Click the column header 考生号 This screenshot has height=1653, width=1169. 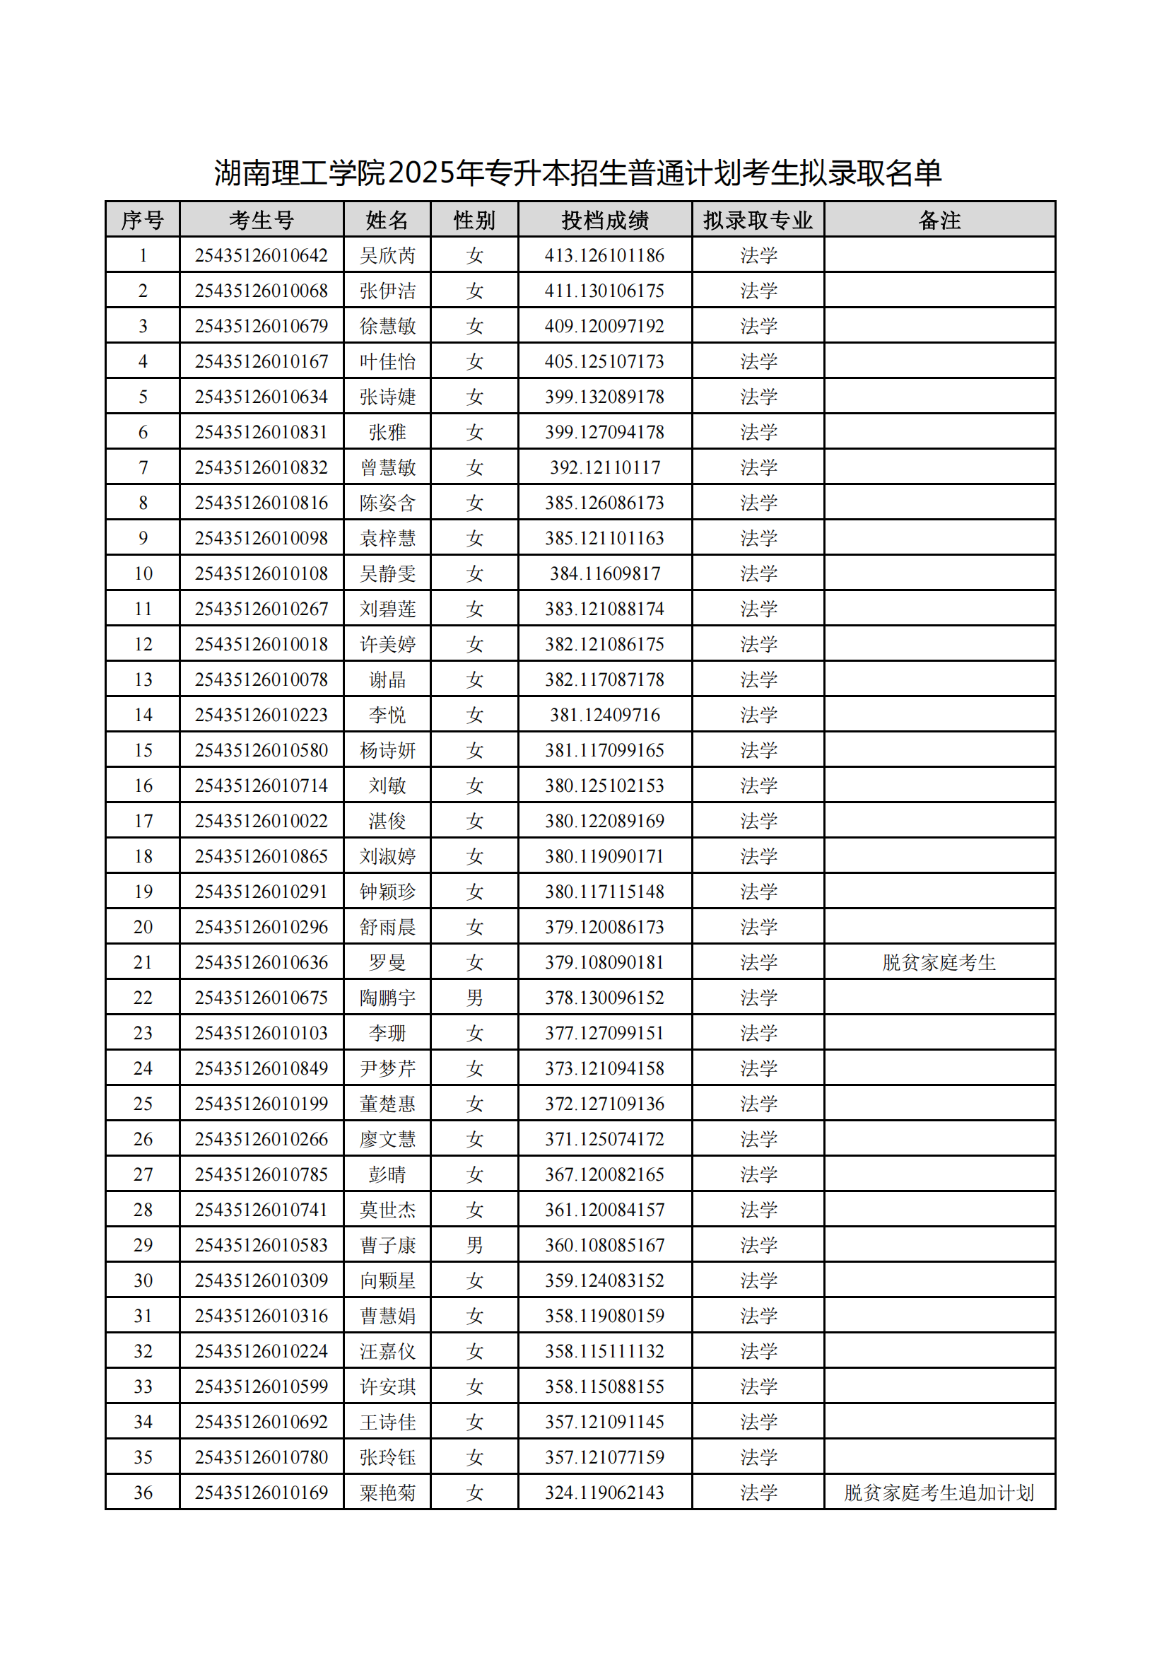pos(262,220)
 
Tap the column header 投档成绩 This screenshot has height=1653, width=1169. pos(605,220)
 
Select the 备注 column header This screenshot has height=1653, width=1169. pos(939,220)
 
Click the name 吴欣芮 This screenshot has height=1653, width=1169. pos(387,255)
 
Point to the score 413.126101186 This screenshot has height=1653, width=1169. pos(605,255)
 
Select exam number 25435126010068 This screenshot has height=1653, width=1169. pos(262,291)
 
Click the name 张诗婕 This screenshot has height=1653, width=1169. pos(387,397)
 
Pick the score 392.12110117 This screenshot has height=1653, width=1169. pos(605,467)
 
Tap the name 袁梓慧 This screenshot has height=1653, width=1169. pos(387,538)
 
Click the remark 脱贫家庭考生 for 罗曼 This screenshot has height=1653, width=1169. pos(939,962)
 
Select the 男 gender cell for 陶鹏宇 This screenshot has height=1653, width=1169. pos(474,997)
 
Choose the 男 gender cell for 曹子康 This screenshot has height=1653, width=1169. pos(474,1245)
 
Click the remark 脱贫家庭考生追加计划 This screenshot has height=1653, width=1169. pos(939,1493)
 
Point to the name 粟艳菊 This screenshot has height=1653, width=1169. pos(387,1493)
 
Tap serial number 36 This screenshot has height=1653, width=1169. pos(143,1493)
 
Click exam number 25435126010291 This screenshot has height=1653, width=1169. pos(262,892)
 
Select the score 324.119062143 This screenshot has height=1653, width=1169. pos(605,1493)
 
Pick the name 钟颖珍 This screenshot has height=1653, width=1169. pos(387,892)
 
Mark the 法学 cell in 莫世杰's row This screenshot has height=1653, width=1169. pos(758,1210)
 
